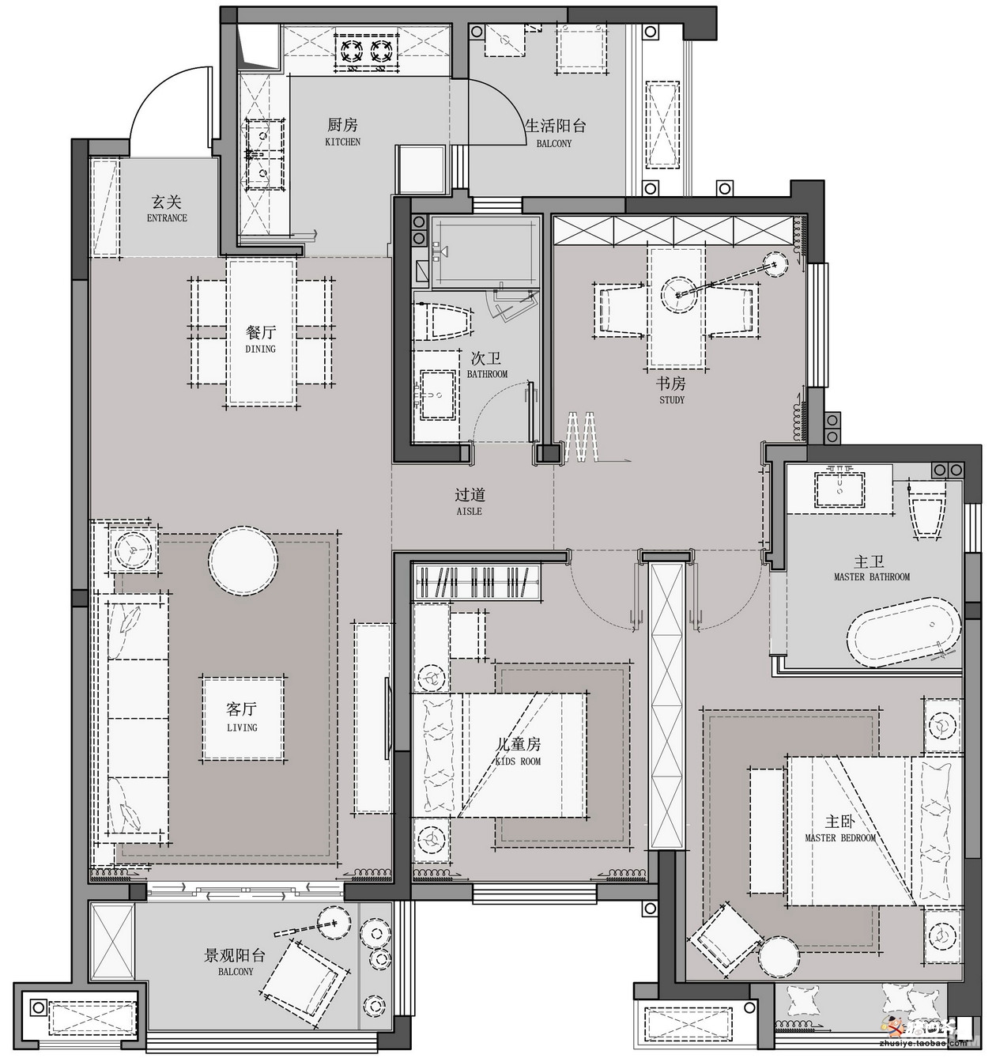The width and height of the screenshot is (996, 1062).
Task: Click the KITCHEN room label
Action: pyautogui.click(x=343, y=142)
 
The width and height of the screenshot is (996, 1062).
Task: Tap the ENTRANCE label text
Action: pyautogui.click(x=167, y=217)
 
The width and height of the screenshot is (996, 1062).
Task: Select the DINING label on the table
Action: pyautogui.click(x=260, y=349)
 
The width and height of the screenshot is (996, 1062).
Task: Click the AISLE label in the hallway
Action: pyautogui.click(x=469, y=511)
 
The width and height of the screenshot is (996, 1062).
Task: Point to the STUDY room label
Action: pyautogui.click(x=671, y=399)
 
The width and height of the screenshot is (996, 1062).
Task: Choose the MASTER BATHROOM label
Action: pyautogui.click(x=871, y=576)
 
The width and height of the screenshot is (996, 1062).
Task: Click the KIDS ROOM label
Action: pyautogui.click(x=518, y=761)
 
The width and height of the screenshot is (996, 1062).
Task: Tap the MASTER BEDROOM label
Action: pyautogui.click(x=840, y=837)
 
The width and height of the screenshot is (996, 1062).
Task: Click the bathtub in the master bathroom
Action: pyautogui.click(x=903, y=632)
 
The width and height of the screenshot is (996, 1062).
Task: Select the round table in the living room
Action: pyautogui.click(x=243, y=561)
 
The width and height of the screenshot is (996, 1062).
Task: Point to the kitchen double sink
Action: pyautogui.click(x=263, y=154)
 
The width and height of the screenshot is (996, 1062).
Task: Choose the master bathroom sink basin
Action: pyautogui.click(x=839, y=489)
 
